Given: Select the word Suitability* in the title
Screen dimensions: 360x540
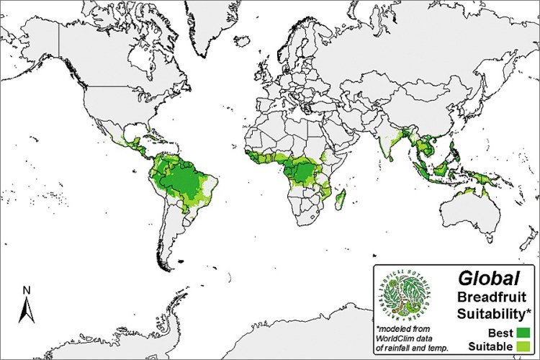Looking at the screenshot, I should [493, 314].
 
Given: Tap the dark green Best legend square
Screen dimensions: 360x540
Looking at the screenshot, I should [523, 332].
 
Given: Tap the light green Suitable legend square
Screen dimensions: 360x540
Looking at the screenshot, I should [523, 347].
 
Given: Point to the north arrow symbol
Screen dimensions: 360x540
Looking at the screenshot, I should [26, 310].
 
